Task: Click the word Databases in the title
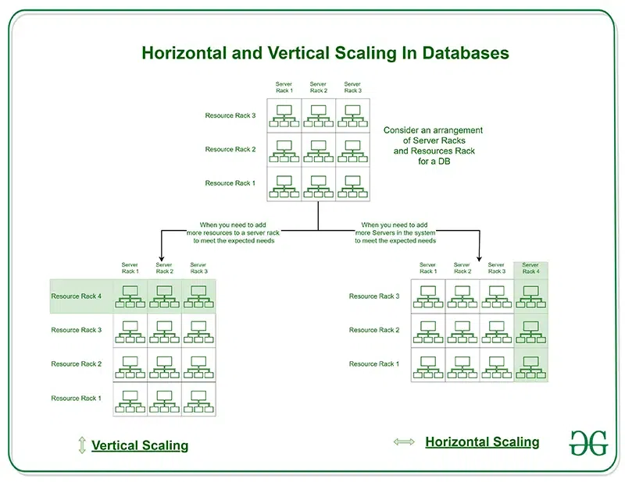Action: [466, 53]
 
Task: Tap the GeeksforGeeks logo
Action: [588, 443]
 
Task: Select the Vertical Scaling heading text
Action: [140, 445]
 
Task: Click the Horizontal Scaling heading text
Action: [482, 441]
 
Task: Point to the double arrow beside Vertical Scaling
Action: [82, 445]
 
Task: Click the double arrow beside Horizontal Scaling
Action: [404, 441]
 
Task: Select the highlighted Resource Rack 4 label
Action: [76, 296]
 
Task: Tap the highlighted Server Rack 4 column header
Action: [530, 268]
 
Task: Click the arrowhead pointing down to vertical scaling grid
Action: [162, 258]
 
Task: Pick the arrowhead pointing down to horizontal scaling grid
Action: [480, 258]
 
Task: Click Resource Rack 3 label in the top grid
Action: [230, 115]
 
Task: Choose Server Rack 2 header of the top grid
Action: [319, 87]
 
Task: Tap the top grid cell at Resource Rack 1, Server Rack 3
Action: [353, 184]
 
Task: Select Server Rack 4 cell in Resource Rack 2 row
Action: [531, 331]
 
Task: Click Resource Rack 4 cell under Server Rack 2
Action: [164, 296]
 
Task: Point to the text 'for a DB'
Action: [434, 161]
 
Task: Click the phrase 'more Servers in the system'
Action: [395, 233]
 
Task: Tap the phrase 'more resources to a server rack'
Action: [233, 233]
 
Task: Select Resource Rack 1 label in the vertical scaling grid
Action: [76, 398]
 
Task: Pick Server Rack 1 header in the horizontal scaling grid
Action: [428, 268]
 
